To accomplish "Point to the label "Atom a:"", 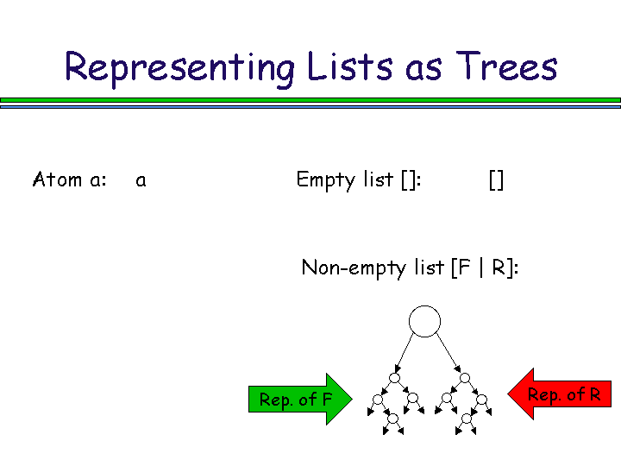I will (69, 180).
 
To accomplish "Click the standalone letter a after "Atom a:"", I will (141, 181).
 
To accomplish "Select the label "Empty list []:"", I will (358, 180).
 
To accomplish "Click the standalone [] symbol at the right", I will (496, 180).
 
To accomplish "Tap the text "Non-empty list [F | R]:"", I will (410, 268).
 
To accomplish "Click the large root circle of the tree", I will (424, 322).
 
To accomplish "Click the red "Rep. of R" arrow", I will (561, 395).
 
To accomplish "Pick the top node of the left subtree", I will (394, 378).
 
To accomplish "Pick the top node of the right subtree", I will (465, 378).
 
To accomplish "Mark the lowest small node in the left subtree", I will (393, 419).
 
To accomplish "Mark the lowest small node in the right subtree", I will (466, 419).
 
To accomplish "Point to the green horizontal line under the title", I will (310, 99).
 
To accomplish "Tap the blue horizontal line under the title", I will (310, 106).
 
